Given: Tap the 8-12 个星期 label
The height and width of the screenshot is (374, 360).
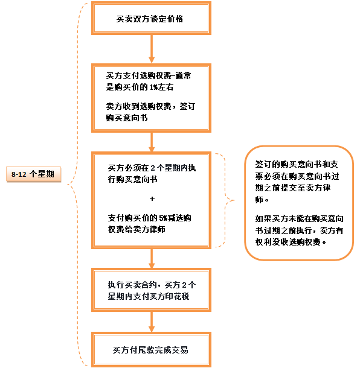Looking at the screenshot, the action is tap(33, 174).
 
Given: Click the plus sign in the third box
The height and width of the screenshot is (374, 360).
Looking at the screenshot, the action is tap(152, 198).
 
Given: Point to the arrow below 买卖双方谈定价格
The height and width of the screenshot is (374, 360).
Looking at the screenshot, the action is tap(152, 49).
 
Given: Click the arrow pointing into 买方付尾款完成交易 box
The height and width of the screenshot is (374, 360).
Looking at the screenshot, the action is tap(152, 322).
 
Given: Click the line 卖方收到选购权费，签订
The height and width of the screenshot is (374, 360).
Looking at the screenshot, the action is tap(150, 106).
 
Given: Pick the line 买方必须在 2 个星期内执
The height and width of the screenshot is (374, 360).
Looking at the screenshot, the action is tap(152, 168).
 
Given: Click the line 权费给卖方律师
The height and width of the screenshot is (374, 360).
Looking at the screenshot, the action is tap(137, 229).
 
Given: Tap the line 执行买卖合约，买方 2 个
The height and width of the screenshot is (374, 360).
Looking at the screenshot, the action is tap(152, 285).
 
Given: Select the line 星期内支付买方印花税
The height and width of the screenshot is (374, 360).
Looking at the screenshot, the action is tap(149, 296).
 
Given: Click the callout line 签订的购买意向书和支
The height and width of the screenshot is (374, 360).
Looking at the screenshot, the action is tap(297, 164).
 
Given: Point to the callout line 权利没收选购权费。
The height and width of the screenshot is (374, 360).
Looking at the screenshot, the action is tap(291, 242).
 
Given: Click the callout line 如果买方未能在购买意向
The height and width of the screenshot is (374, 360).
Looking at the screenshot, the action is tap(300, 218).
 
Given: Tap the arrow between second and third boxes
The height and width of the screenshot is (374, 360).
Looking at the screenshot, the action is tap(152, 142).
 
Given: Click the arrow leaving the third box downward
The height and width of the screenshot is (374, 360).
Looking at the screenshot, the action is tap(152, 259).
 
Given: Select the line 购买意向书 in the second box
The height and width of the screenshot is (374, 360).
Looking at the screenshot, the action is tap(127, 118).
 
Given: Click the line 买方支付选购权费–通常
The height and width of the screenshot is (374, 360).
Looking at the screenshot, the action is tap(149, 75).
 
